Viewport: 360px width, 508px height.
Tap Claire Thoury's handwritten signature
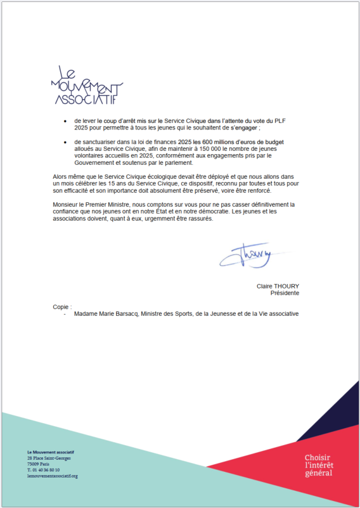[245, 255]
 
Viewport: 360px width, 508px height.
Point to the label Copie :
[62, 306]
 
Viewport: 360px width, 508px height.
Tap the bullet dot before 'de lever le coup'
[65, 120]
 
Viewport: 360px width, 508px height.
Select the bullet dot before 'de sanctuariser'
[65, 141]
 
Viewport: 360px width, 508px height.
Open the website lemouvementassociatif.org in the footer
[52, 476]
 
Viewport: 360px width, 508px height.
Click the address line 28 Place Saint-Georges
[49, 458]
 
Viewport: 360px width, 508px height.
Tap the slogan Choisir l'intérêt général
[318, 466]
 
